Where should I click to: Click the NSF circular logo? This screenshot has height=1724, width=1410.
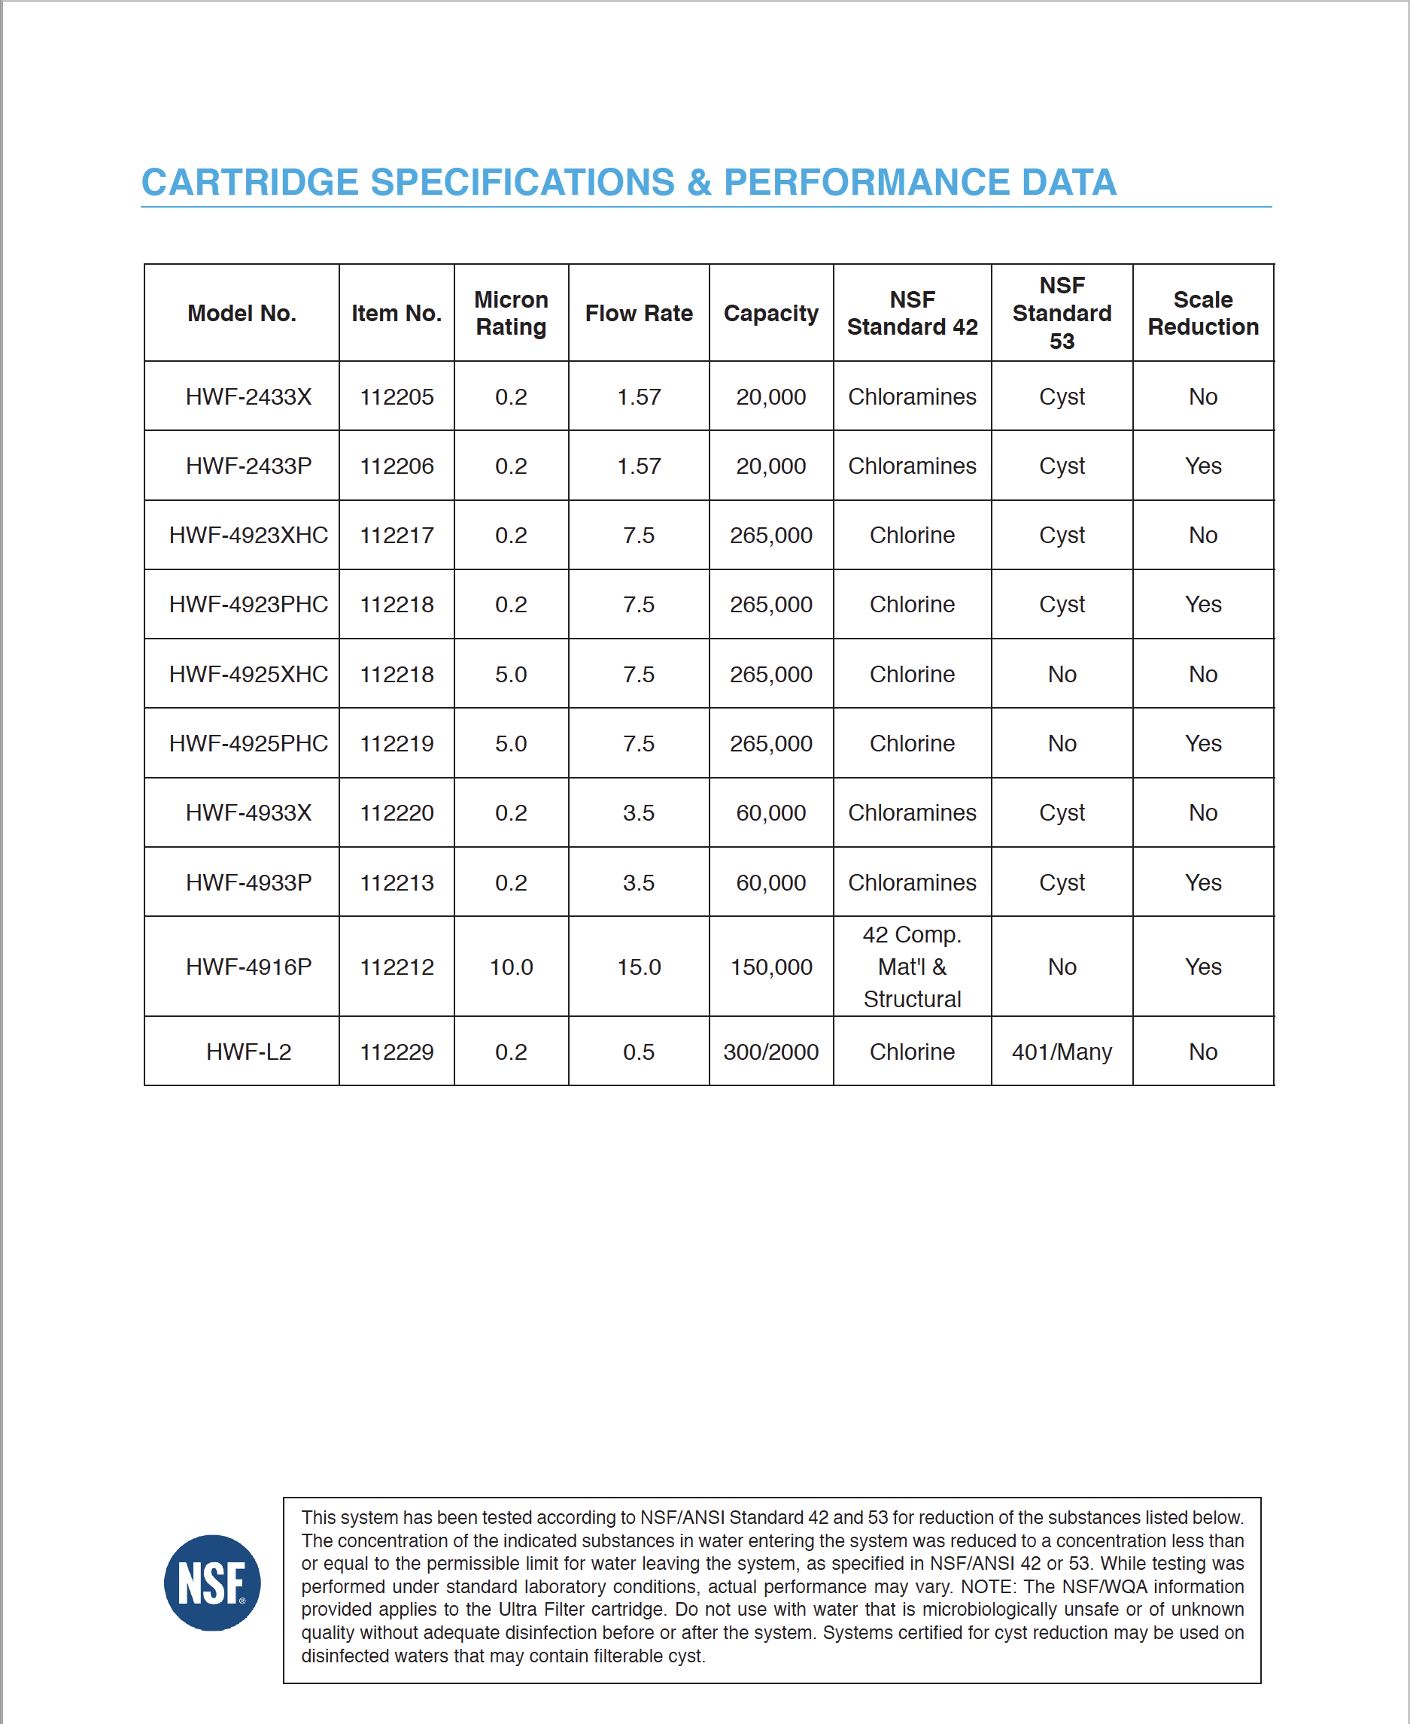pyautogui.click(x=212, y=1582)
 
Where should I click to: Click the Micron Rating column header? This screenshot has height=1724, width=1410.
pyautogui.click(x=511, y=313)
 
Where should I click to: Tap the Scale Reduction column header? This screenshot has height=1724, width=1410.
pyautogui.click(x=1203, y=313)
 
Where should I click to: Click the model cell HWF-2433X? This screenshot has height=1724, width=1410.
pyautogui.click(x=248, y=396)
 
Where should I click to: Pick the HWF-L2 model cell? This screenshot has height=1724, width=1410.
pyautogui.click(x=248, y=1052)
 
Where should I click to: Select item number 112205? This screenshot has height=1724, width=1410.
pyautogui.click(x=397, y=396)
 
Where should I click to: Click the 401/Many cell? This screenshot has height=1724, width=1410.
pyautogui.click(x=1062, y=1052)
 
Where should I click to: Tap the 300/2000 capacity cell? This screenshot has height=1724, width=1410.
pyautogui.click(x=770, y=1052)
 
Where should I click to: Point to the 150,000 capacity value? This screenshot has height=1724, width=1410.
pyautogui.click(x=770, y=967)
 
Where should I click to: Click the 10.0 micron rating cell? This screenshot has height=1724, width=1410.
pyautogui.click(x=511, y=967)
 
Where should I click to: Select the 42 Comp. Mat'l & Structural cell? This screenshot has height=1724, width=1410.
pyautogui.click(x=912, y=967)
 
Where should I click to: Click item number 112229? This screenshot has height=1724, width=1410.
pyautogui.click(x=397, y=1052)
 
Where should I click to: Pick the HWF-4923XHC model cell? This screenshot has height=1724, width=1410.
pyautogui.click(x=248, y=535)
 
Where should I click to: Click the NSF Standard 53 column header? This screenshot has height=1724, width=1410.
pyautogui.click(x=1062, y=313)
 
